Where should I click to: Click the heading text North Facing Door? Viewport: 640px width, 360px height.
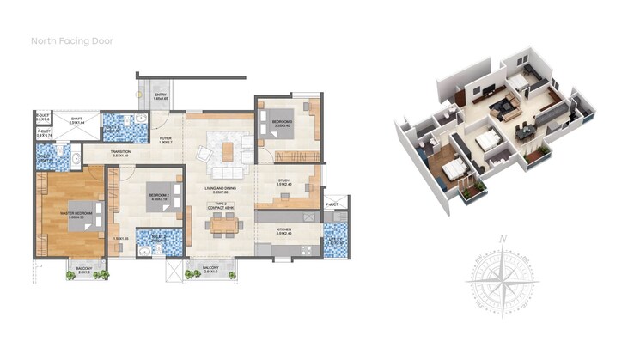(x=72, y=40)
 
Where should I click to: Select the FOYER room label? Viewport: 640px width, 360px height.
(x=166, y=137)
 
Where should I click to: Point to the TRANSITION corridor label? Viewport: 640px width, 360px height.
(x=120, y=152)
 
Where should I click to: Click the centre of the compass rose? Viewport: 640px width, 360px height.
(x=506, y=279)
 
